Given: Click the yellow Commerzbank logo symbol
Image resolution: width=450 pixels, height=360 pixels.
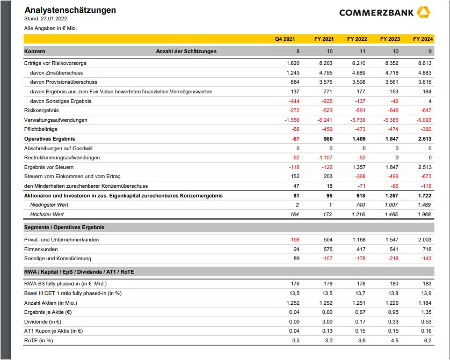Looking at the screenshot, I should [423, 12].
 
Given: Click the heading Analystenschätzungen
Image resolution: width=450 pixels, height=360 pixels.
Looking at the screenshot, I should [70, 10].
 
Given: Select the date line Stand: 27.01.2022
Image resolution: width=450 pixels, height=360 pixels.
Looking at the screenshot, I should [47, 19].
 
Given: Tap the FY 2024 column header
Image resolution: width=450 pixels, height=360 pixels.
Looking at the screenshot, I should [423, 39].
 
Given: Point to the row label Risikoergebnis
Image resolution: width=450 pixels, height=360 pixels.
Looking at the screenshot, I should [41, 111].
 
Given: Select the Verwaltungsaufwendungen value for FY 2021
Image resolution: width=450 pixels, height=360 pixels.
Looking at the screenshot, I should [323, 120].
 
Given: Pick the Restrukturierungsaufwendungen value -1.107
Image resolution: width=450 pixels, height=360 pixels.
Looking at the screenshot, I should [323, 158].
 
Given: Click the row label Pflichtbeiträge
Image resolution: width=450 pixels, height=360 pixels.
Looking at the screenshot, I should [41, 129].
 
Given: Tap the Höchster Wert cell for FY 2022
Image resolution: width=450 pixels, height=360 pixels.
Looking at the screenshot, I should [358, 215].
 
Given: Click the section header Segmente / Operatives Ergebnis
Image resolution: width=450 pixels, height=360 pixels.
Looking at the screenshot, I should [64, 227].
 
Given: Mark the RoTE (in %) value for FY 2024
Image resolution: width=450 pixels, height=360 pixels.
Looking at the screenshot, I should [427, 341].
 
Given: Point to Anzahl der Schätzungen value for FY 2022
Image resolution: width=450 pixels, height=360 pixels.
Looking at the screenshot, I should [362, 52].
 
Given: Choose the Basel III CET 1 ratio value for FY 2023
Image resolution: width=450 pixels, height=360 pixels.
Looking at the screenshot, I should [393, 293].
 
